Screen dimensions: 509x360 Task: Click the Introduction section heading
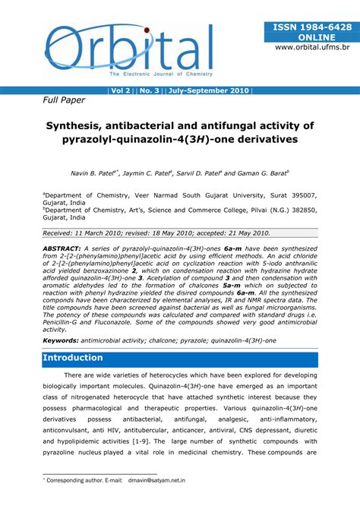coord(73,358)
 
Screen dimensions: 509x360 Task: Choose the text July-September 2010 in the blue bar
coord(208,90)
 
